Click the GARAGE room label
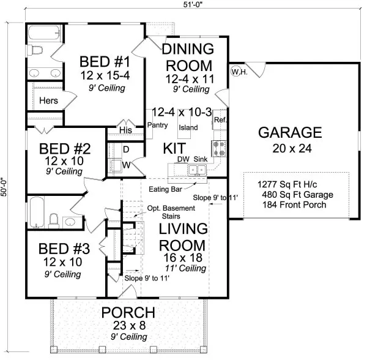(x=290, y=132)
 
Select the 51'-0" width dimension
(x=193, y=4)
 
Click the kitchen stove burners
(x=219, y=149)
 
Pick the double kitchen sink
(x=198, y=170)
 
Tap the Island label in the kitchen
(x=188, y=127)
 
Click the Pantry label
(x=157, y=125)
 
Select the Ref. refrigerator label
(x=220, y=120)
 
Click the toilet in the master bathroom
(x=35, y=50)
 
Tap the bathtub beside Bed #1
(x=44, y=33)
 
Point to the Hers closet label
(x=48, y=100)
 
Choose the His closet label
(x=125, y=130)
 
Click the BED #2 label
(x=65, y=149)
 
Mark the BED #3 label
(x=64, y=249)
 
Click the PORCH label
(x=128, y=312)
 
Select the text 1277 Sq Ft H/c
(x=287, y=184)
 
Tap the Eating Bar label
(x=165, y=189)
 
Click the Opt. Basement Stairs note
(x=171, y=212)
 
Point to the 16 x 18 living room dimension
(x=183, y=258)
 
